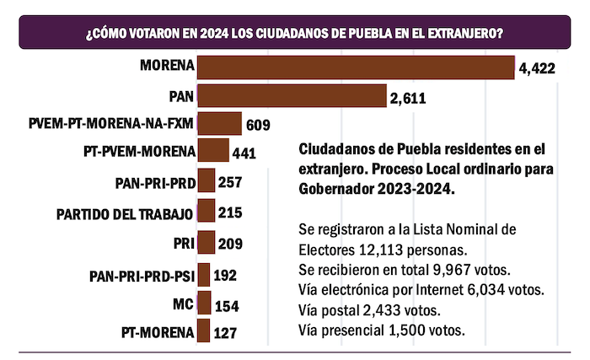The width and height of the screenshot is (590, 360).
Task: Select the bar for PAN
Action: (x=292, y=96)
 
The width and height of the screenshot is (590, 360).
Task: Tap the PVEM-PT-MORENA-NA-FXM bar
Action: (x=219, y=125)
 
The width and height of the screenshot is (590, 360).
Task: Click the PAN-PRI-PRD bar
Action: (x=205, y=182)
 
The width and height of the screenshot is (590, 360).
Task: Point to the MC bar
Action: (x=203, y=304)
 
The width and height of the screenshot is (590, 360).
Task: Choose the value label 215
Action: (x=230, y=214)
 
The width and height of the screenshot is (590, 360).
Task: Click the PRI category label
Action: (x=182, y=244)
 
